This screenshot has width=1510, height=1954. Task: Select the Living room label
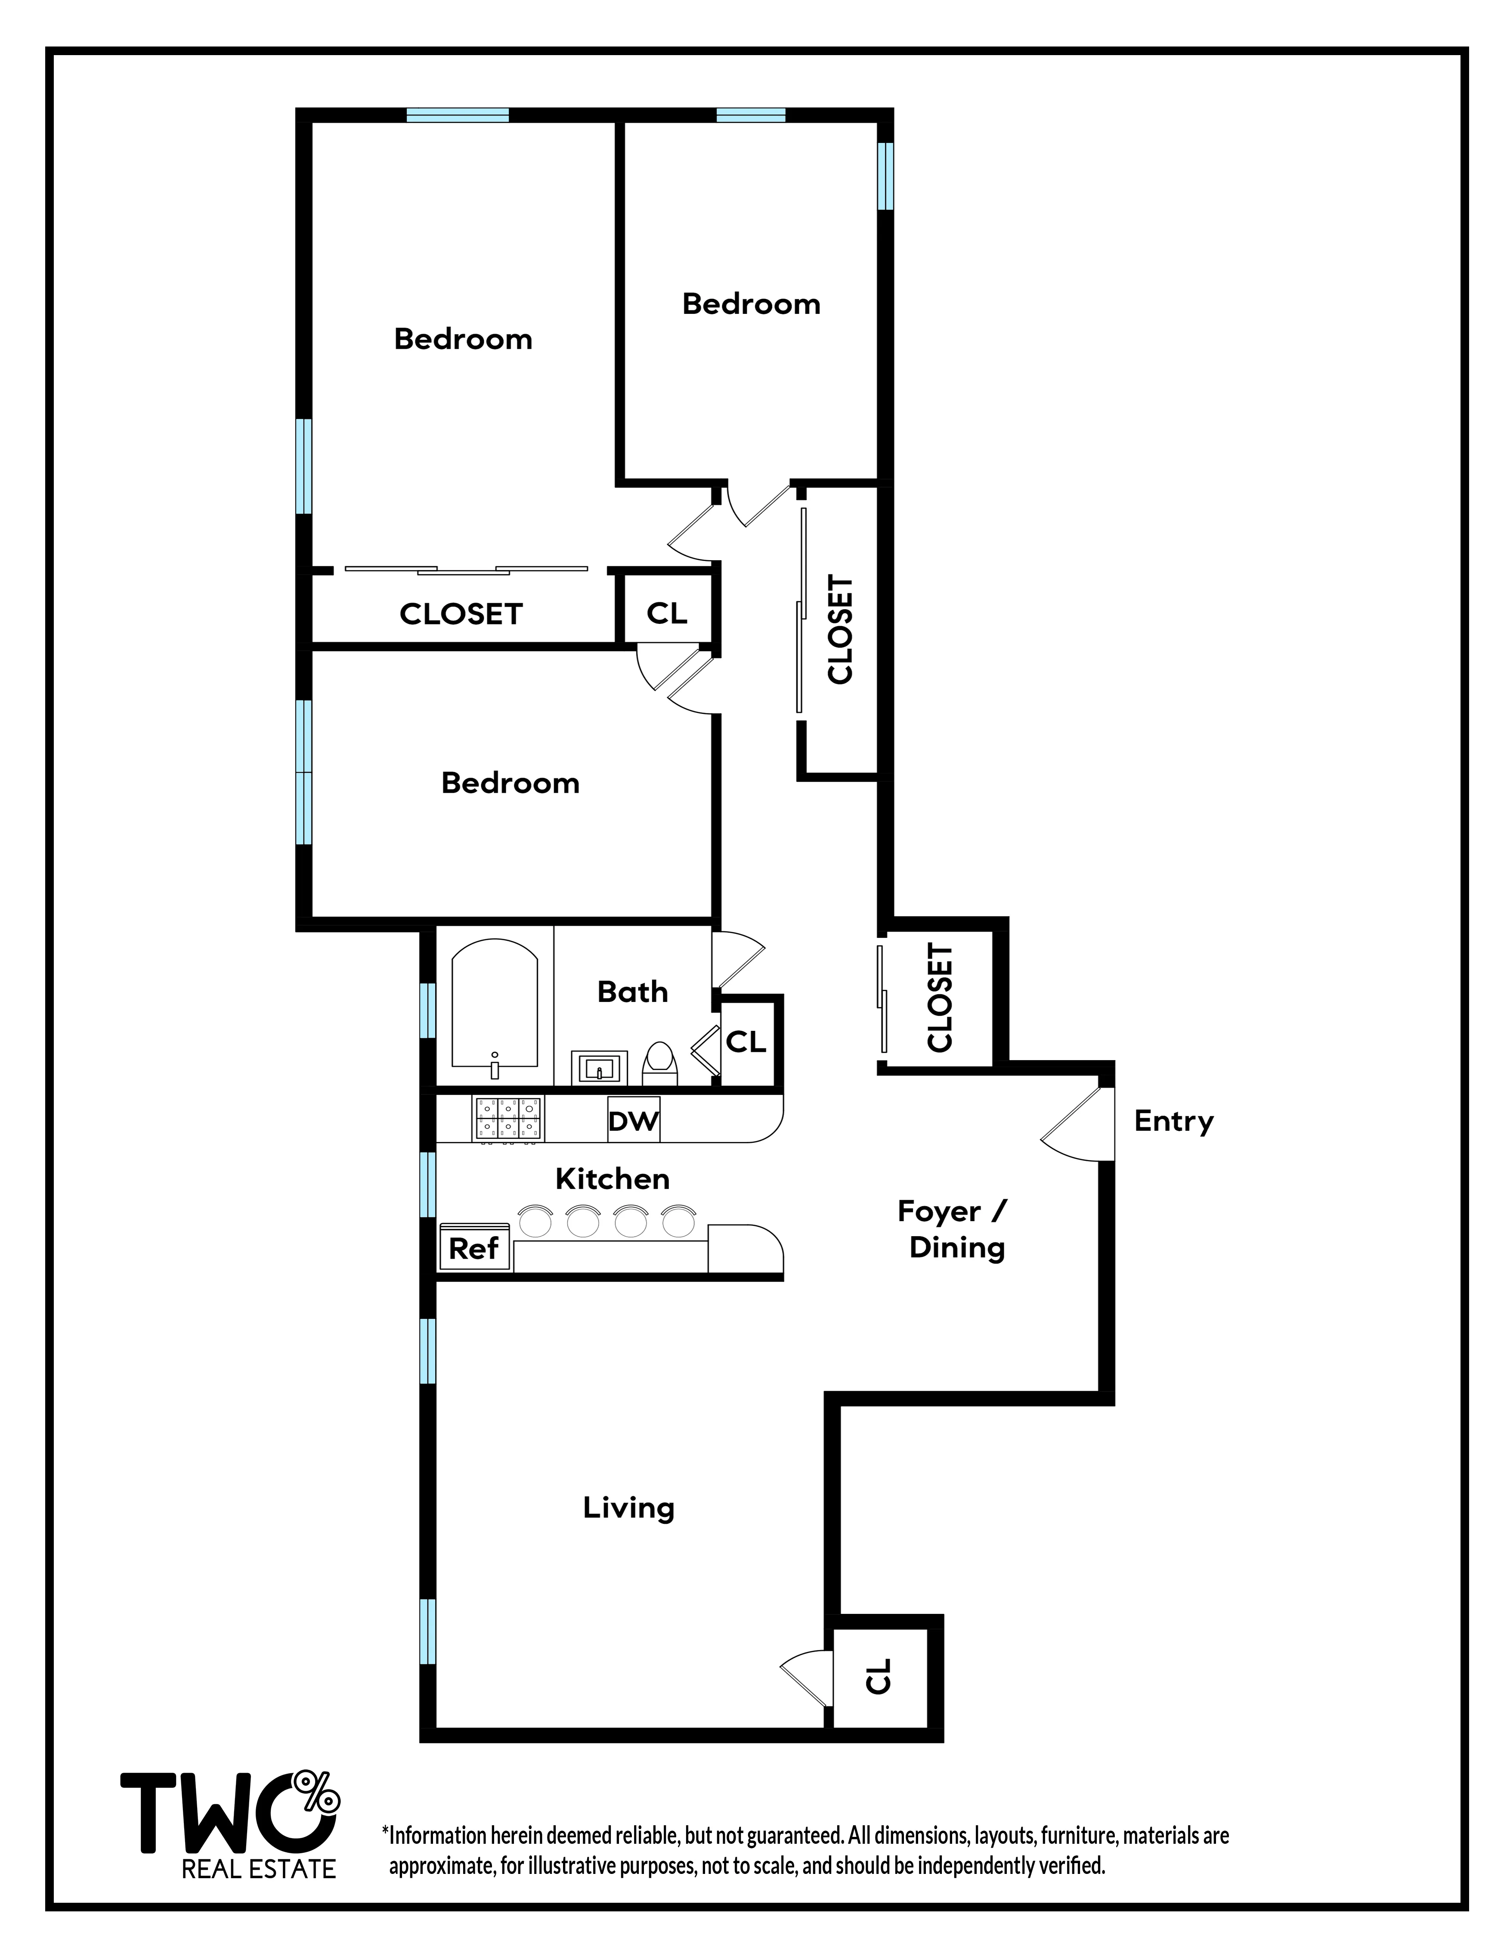628,1507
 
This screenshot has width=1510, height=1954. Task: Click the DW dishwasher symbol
633,1120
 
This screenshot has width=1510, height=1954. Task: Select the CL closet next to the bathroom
746,1042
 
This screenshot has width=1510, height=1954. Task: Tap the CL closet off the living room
880,1676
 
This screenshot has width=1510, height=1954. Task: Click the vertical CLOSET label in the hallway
840,630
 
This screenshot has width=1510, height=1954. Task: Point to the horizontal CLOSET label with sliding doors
461,614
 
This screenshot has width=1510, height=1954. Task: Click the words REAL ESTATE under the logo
259,1869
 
